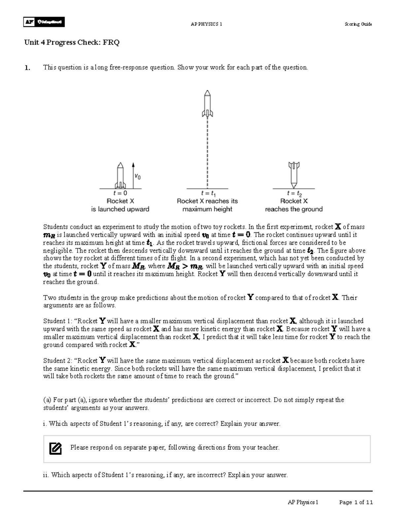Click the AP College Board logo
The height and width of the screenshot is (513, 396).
click(44, 22)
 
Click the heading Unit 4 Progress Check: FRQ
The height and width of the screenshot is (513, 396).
click(72, 43)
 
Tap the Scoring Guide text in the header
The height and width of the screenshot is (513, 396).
click(358, 24)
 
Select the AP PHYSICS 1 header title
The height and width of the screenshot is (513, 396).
click(206, 24)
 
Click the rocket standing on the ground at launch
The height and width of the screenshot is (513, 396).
click(120, 175)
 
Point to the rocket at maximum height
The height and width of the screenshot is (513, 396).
click(207, 104)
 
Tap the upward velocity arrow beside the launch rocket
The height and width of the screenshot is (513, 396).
click(133, 175)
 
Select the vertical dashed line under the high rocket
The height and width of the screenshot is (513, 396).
click(207, 152)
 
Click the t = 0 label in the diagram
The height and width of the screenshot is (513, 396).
click(120, 193)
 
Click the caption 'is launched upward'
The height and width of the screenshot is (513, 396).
click(120, 209)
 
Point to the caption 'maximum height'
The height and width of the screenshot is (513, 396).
click(207, 209)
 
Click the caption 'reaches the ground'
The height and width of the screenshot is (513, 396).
click(294, 209)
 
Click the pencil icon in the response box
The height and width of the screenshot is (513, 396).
click(55, 448)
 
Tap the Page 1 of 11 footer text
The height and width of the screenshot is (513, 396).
click(356, 502)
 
